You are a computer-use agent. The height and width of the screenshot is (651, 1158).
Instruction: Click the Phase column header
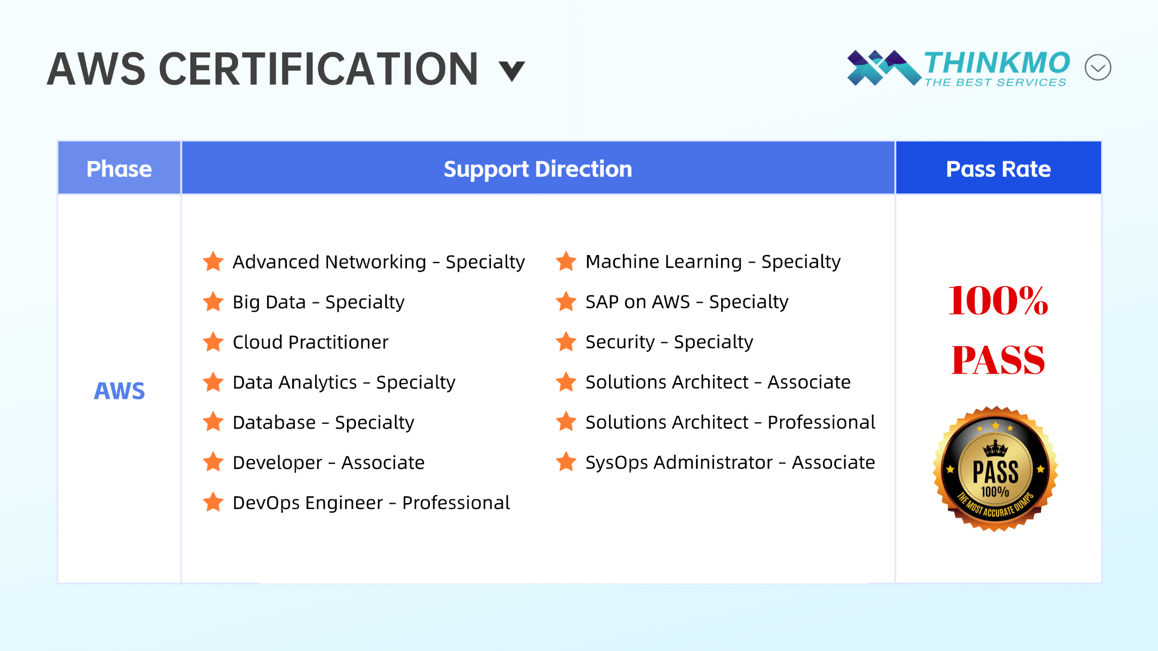click(119, 169)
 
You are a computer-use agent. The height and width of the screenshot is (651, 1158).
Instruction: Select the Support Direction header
click(538, 169)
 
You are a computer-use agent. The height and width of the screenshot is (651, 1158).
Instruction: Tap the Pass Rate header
click(998, 169)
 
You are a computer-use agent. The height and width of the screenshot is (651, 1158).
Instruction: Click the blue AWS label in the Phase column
click(119, 391)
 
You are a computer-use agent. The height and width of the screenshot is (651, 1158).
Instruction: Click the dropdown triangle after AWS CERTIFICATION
click(511, 71)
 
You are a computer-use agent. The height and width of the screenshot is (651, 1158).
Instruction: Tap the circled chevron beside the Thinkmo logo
click(1097, 68)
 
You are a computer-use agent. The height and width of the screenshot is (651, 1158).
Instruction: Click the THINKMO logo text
click(997, 63)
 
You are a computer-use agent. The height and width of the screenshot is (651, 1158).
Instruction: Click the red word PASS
click(998, 360)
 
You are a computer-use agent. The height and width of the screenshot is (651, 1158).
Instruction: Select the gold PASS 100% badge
click(995, 469)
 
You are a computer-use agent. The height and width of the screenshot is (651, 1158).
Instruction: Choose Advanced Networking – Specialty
click(378, 262)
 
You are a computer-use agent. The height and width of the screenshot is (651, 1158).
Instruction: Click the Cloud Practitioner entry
click(310, 342)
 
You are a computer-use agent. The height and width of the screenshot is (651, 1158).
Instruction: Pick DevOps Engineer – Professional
click(371, 503)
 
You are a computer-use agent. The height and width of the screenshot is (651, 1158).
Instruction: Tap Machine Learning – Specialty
click(713, 261)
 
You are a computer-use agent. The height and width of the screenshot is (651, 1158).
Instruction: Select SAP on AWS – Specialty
click(687, 302)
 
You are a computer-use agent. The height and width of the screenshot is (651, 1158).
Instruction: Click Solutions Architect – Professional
click(730, 422)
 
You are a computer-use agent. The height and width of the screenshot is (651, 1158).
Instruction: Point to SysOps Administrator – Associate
click(730, 462)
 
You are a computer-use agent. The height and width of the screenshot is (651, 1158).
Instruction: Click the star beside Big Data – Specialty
click(213, 302)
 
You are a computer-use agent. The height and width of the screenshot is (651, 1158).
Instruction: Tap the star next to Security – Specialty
click(566, 341)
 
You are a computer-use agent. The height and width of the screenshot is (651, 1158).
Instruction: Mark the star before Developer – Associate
click(213, 462)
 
